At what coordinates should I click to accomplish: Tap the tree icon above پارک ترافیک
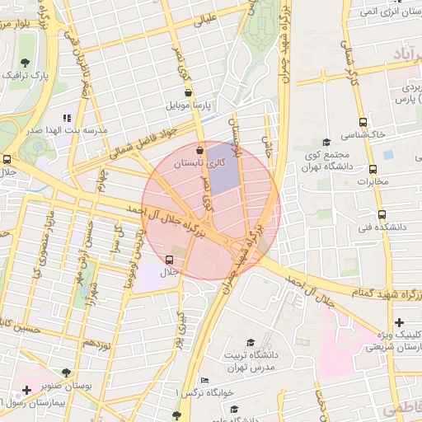(x=26, y=62)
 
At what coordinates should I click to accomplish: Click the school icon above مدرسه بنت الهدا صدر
(x=66, y=118)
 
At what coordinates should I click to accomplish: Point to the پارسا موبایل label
(x=190, y=105)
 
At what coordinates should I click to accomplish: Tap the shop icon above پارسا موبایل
(x=190, y=93)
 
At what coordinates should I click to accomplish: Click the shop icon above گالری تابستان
(x=200, y=151)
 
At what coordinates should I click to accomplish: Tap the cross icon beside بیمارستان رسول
(x=27, y=388)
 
